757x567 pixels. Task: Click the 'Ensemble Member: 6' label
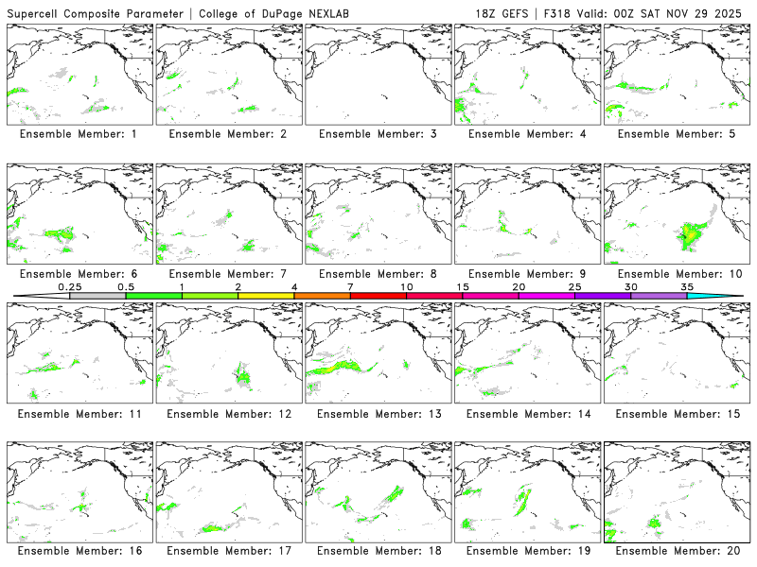coord(79,274)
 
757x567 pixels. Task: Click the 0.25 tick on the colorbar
coord(70,286)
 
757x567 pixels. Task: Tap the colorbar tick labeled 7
coord(350,286)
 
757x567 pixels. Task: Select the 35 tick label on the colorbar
coord(687,286)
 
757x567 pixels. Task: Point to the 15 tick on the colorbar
coord(463,286)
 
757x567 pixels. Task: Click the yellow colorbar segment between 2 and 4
coord(266,296)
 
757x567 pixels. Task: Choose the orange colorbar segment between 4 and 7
coord(322,296)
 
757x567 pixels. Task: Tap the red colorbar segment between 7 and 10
coord(378,296)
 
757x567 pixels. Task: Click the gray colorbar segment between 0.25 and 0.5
coord(97,296)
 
